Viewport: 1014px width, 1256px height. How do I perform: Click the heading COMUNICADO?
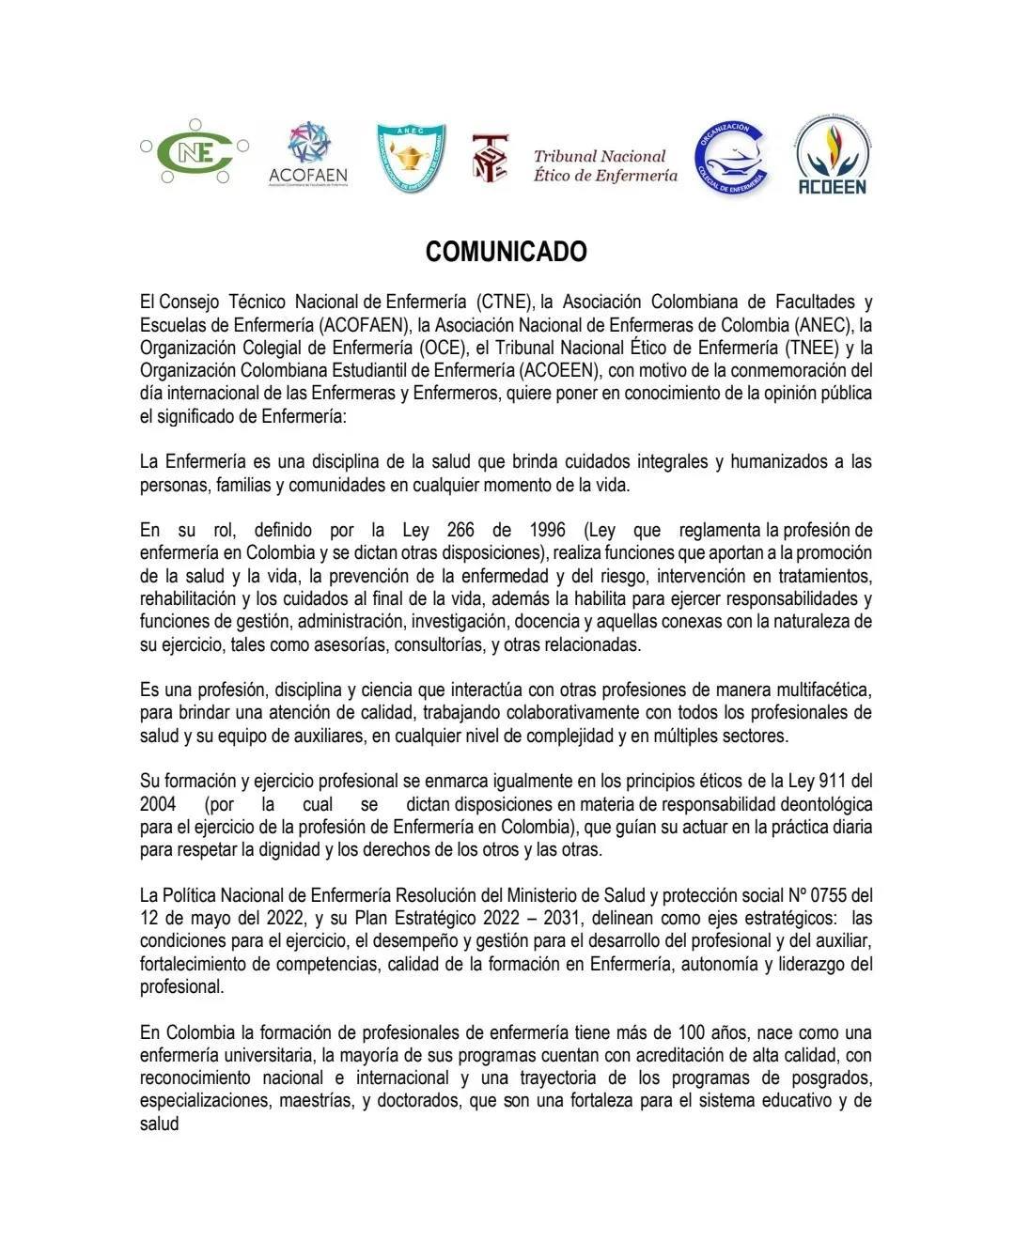point(506,252)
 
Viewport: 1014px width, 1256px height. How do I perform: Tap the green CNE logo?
point(195,151)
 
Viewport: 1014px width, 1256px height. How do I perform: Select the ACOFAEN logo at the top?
point(308,155)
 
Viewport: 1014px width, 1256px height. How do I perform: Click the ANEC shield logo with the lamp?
point(411,157)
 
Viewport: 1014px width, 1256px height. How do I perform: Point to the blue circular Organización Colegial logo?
point(732,159)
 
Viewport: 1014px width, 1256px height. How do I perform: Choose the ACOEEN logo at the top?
point(831,155)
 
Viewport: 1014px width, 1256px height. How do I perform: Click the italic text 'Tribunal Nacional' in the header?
point(599,156)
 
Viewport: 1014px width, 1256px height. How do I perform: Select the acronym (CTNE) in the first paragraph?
point(505,302)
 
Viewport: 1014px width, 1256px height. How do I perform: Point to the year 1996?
point(547,530)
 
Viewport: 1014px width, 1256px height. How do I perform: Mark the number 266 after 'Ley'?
point(460,530)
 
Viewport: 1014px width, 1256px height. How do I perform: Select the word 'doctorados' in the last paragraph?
point(418,1101)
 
